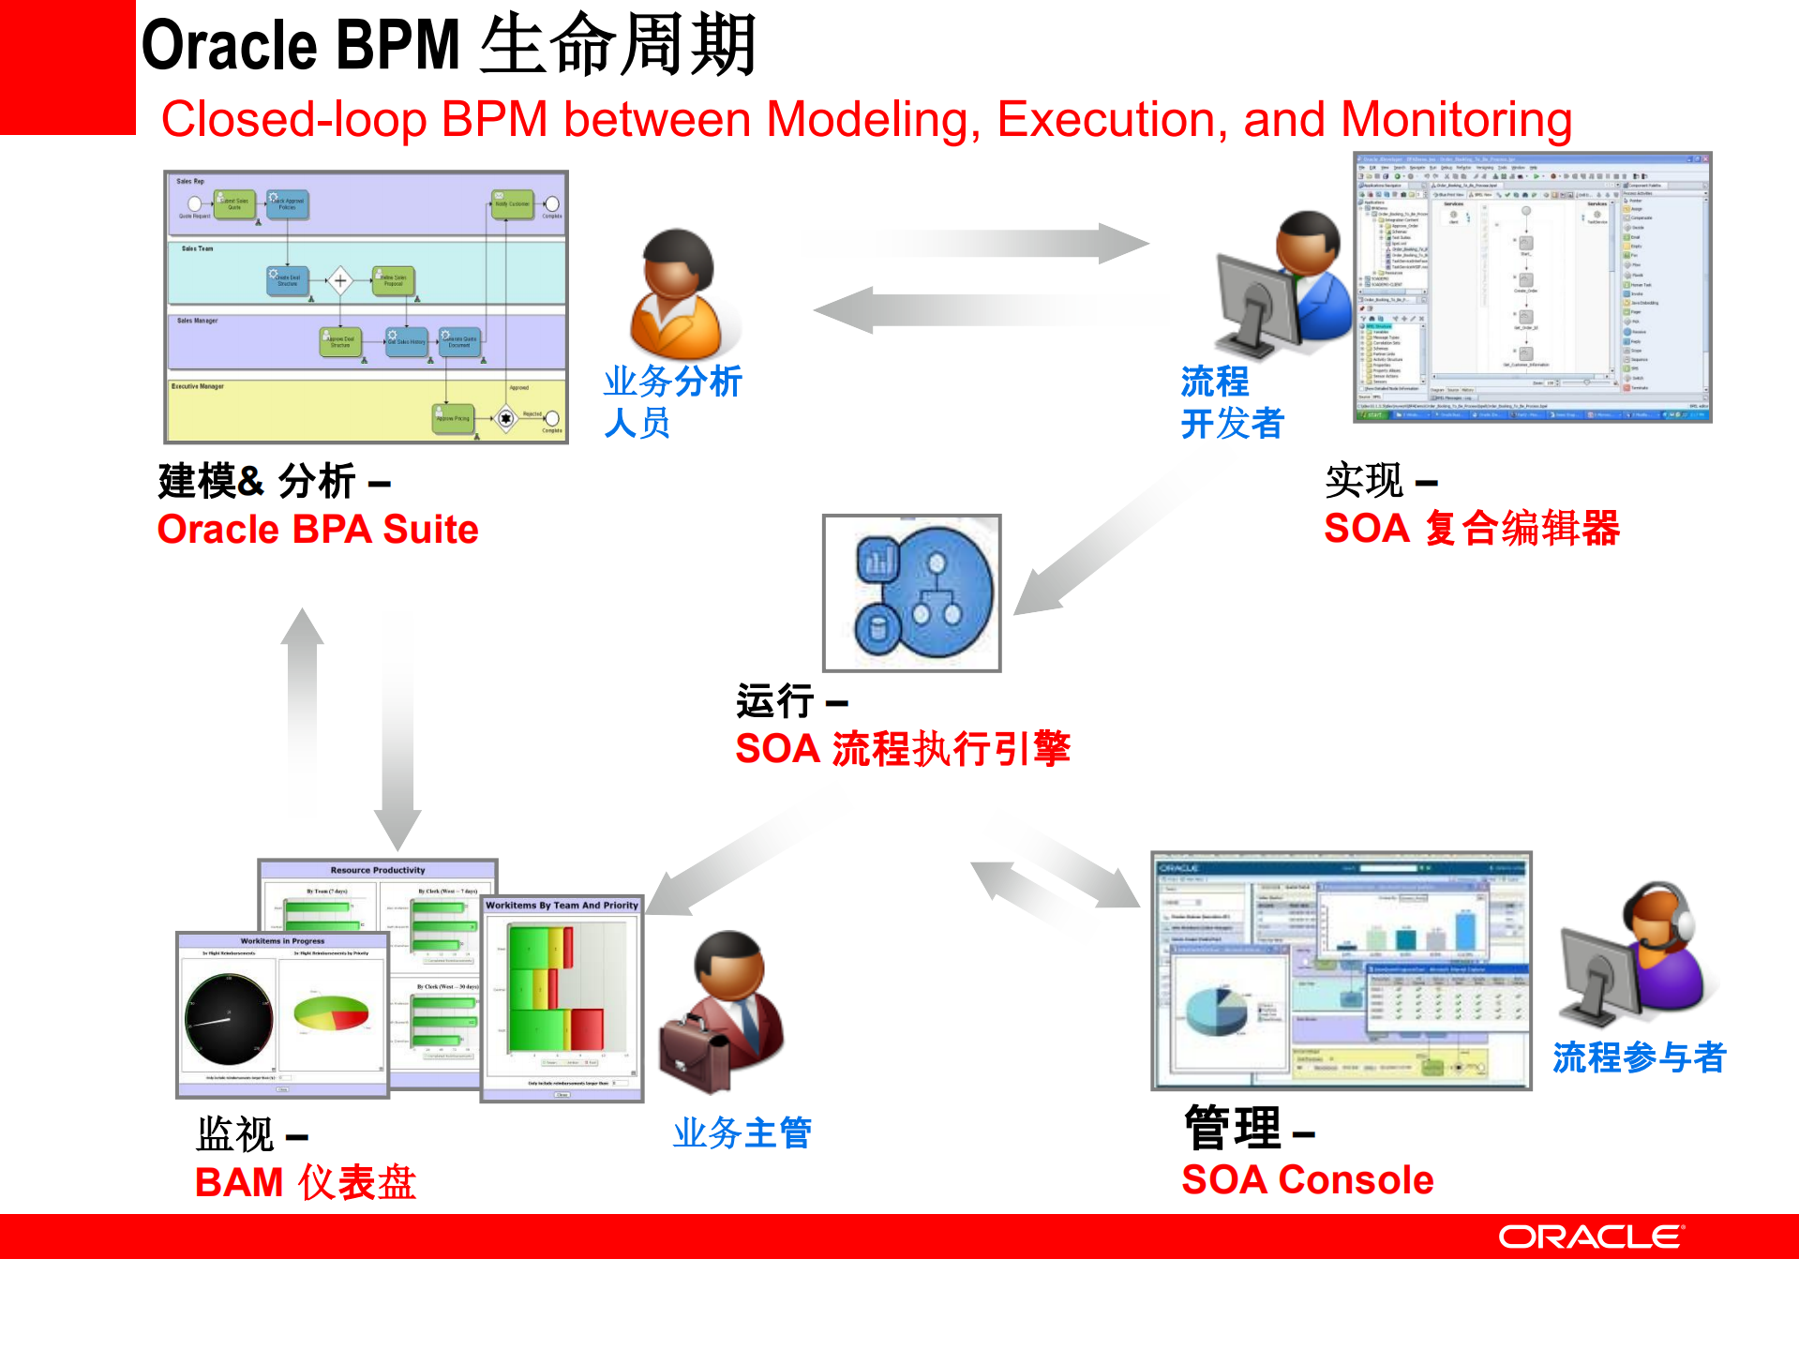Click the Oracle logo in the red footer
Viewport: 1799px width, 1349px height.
point(1590,1237)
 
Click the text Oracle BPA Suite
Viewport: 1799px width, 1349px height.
point(318,530)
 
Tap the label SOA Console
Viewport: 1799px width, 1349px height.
point(1307,1179)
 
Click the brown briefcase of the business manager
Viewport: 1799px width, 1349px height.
point(694,1054)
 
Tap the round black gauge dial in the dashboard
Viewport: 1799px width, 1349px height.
point(229,1019)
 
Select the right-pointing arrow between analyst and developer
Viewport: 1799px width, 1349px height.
point(975,244)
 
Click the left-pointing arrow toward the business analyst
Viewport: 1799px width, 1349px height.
point(984,309)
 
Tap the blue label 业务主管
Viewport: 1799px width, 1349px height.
point(742,1133)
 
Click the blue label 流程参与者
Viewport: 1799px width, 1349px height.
point(1639,1057)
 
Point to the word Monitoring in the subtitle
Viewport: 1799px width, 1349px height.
point(1456,120)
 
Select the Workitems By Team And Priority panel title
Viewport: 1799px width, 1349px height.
point(562,906)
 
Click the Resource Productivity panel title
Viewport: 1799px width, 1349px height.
point(377,870)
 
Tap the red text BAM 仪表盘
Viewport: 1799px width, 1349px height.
point(306,1182)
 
